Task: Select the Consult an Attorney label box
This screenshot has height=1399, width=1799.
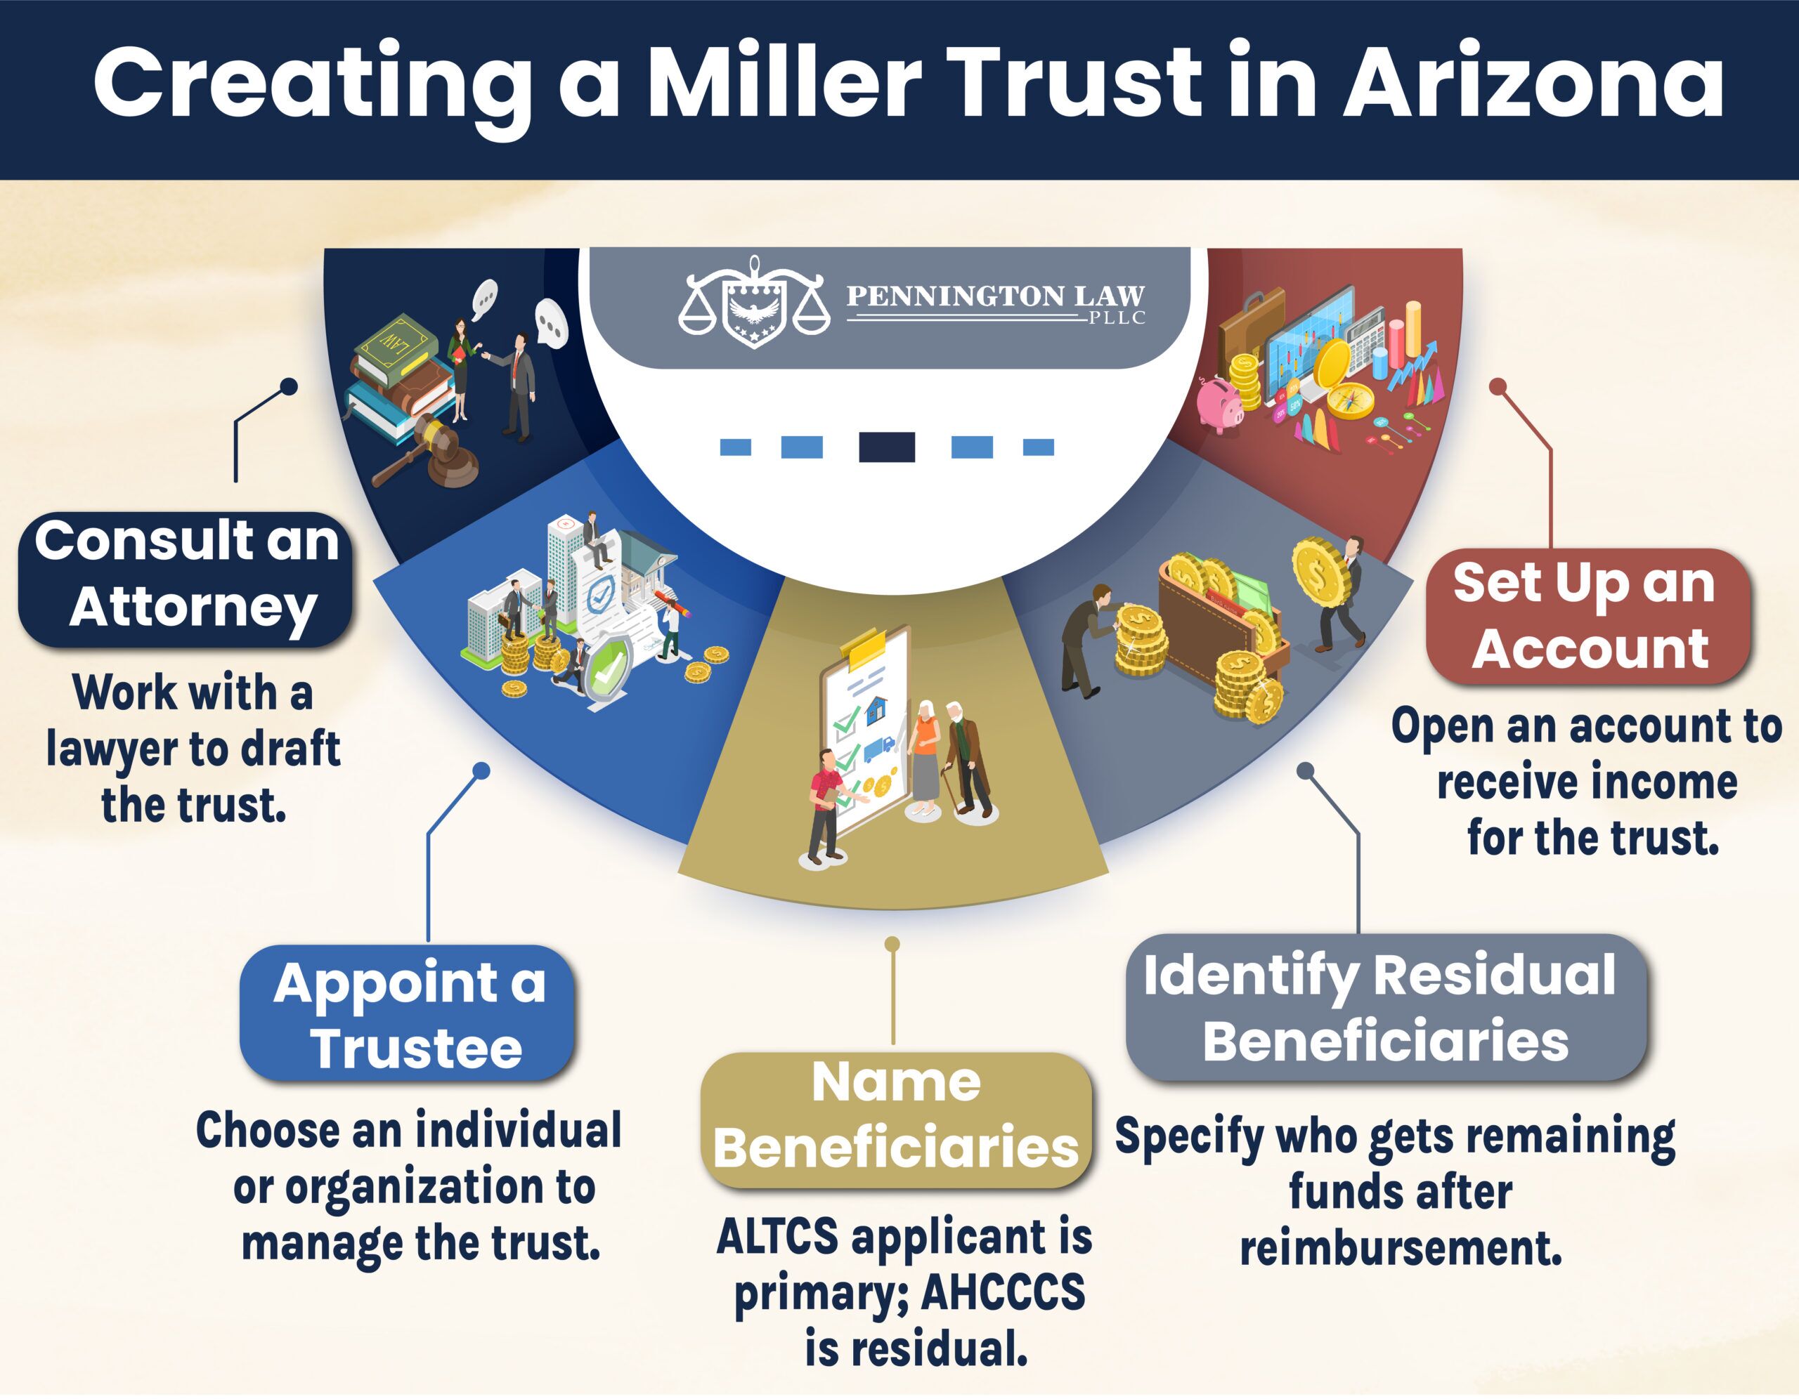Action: pyautogui.click(x=186, y=579)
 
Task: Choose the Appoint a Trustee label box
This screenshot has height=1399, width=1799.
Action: pyautogui.click(x=408, y=1013)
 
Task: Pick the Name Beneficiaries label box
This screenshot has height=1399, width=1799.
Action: pyautogui.click(x=896, y=1120)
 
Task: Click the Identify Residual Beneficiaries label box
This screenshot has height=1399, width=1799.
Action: pyautogui.click(x=1386, y=1006)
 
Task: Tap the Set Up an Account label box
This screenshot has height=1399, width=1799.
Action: pyautogui.click(x=1587, y=617)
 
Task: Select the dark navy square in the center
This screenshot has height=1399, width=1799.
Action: pyautogui.click(x=886, y=447)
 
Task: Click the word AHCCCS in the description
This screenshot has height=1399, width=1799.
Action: pyautogui.click(x=1003, y=1293)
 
